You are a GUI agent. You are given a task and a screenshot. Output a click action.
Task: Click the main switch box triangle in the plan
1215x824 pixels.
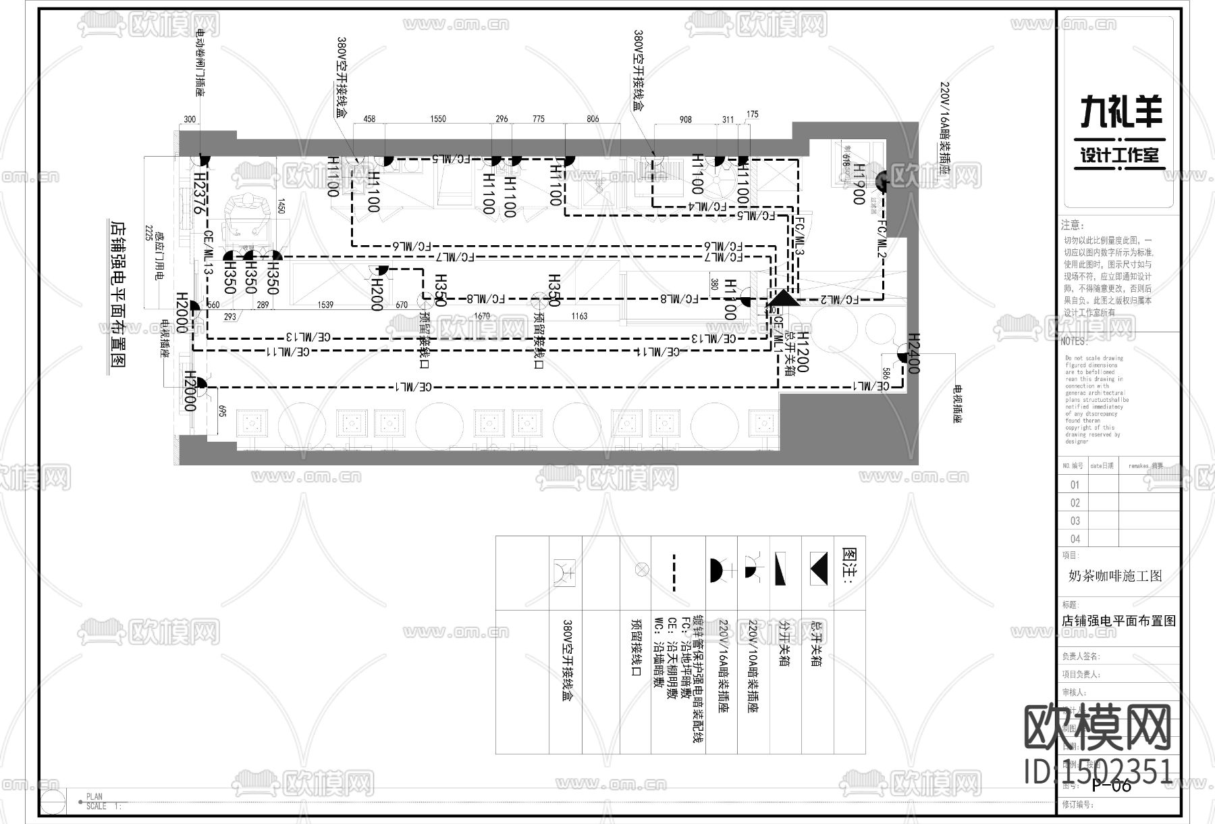pos(784,298)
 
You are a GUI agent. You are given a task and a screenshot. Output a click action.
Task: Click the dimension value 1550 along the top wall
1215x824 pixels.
pos(438,120)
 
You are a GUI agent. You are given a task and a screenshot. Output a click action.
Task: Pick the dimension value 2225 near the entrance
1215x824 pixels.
pos(147,240)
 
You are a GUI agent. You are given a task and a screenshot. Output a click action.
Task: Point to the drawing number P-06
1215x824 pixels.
pos(1111,785)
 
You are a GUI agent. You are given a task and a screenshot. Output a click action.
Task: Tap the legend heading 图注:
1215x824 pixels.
pos(850,565)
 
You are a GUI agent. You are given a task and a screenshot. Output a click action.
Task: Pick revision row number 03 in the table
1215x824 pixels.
pos(1075,521)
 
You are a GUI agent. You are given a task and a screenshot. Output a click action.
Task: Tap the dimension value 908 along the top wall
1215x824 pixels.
pos(685,120)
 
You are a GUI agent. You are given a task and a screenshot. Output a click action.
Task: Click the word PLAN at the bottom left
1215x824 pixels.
pos(94,797)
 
